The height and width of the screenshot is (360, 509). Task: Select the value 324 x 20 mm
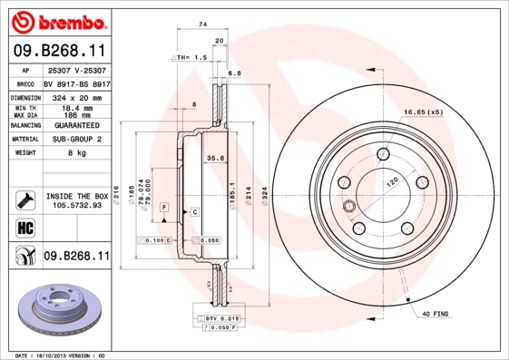point(75,97)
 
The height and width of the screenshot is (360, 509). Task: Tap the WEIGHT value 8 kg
point(75,153)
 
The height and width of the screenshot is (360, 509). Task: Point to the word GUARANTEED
point(75,125)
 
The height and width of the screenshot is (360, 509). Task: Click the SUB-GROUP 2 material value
point(75,139)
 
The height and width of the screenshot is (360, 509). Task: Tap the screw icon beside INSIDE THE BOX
point(24,199)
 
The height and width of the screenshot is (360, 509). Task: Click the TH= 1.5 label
point(191,56)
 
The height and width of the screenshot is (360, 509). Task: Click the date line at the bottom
point(62,355)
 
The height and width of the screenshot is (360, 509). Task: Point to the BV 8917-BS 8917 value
point(75,83)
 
